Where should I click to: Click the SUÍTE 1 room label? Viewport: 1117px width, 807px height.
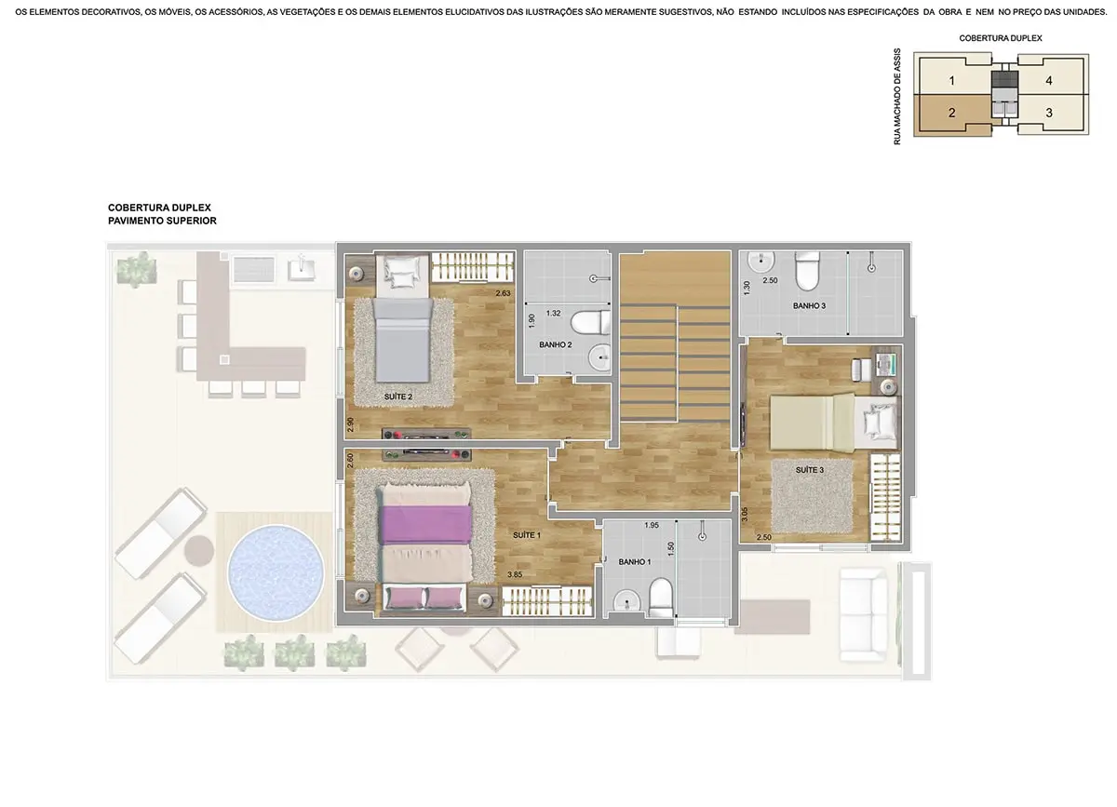(x=527, y=535)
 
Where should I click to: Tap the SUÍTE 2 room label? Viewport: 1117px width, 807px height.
(x=398, y=397)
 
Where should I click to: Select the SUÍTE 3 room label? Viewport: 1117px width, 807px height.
(x=809, y=470)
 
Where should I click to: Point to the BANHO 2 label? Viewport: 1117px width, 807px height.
(x=556, y=344)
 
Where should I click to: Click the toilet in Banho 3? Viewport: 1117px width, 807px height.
(x=807, y=271)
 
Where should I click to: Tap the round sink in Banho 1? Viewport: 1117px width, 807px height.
(x=626, y=603)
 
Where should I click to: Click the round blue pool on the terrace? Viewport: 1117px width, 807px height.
(x=276, y=572)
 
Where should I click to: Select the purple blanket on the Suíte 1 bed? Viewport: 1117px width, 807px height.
(x=426, y=525)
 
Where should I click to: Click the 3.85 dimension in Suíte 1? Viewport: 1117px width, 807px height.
(x=515, y=574)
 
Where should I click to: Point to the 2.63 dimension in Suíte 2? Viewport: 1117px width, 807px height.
(x=503, y=293)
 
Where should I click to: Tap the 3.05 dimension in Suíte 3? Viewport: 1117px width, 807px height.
(x=745, y=515)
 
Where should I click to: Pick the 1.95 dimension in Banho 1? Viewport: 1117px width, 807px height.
(x=652, y=525)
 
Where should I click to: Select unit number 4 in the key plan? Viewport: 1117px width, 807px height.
(x=1049, y=80)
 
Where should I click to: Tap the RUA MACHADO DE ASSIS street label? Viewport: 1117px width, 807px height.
(x=897, y=97)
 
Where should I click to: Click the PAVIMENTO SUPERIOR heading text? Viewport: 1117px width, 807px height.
(x=162, y=221)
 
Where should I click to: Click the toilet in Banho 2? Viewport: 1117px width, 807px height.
(x=590, y=322)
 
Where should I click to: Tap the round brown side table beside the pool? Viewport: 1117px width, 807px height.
(x=199, y=551)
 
